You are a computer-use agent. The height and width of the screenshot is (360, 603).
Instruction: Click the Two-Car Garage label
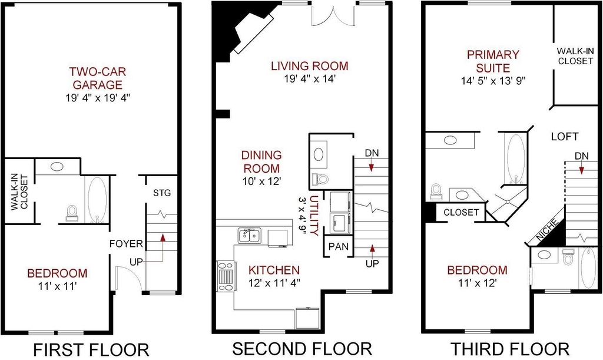point(98,78)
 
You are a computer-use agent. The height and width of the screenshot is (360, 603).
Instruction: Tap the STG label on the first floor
point(162,193)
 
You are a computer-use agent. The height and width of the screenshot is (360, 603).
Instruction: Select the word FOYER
point(126,244)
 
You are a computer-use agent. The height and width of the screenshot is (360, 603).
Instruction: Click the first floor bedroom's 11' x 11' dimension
point(58,286)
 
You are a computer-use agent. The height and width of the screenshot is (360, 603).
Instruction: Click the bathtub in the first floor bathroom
point(97,200)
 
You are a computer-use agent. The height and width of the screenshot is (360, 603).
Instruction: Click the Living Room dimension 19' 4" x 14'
point(310,79)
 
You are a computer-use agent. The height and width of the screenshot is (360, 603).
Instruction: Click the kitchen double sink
point(249,235)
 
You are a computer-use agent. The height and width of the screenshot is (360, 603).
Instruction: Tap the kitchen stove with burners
point(226,276)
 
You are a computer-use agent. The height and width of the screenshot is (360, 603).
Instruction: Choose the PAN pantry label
point(339,246)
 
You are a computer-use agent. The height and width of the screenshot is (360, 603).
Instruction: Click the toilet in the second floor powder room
point(321,179)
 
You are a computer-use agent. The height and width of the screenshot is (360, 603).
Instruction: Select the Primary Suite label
point(493,61)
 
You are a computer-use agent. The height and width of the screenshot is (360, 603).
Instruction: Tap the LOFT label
point(565,137)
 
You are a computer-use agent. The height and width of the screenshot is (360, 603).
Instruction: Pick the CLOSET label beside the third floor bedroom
point(461,212)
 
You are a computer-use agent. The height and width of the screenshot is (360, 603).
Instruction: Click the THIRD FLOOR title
point(510,349)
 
